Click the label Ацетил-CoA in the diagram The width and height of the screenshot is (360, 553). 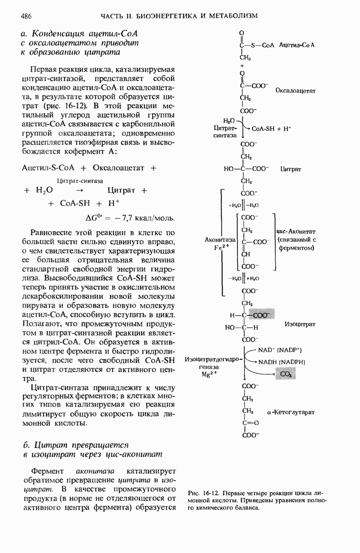(x=297, y=45)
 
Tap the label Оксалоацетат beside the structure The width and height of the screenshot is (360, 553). (x=295, y=91)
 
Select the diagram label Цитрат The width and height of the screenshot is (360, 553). (x=290, y=169)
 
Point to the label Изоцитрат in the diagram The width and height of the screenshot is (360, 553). (x=300, y=324)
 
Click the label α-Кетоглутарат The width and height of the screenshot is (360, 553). (x=291, y=412)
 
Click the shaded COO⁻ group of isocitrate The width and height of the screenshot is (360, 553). (x=261, y=315)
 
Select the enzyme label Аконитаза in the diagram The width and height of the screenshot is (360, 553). (x=220, y=240)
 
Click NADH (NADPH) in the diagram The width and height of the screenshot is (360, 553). (x=282, y=362)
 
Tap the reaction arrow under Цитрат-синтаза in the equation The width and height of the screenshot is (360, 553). (x=79, y=190)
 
